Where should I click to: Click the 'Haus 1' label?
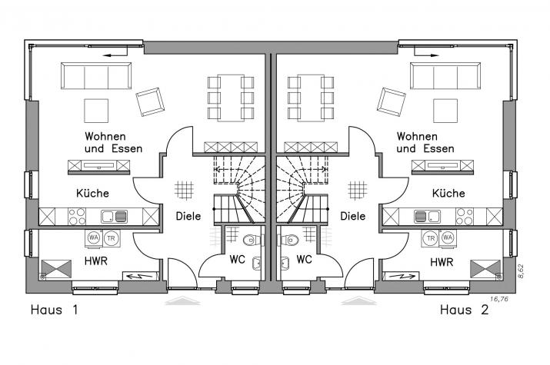[55, 310]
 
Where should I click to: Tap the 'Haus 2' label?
[464, 310]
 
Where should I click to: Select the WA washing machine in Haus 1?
[93, 238]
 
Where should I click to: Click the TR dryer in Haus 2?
[431, 238]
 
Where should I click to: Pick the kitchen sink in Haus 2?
[427, 217]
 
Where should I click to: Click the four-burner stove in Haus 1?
[77, 217]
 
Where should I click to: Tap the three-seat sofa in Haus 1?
[96, 75]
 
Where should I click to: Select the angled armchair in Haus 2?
[391, 101]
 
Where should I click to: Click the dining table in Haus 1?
[231, 98]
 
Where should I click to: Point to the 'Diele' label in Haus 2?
[353, 216]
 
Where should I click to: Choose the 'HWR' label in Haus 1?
[95, 261]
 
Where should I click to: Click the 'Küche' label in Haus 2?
[448, 193]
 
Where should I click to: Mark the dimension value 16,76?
[498, 299]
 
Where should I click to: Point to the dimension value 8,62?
[521, 271]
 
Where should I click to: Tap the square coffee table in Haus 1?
[96, 111]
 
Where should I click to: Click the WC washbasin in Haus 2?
[285, 263]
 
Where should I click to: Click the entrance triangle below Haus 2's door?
[358, 300]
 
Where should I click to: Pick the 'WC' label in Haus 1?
[237, 260]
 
